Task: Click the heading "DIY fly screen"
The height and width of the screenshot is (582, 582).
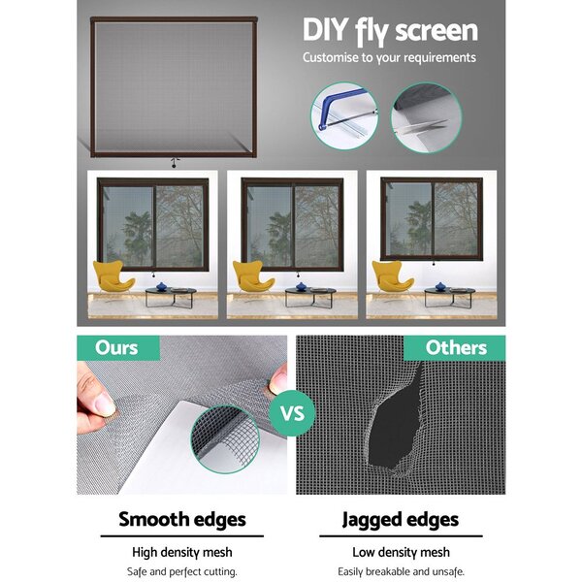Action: (x=390, y=31)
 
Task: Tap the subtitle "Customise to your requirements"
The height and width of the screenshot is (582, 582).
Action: (x=389, y=58)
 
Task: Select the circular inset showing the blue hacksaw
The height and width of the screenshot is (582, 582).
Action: (x=344, y=115)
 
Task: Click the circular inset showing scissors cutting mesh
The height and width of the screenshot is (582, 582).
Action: (x=426, y=117)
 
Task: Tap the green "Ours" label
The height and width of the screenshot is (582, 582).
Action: (x=118, y=348)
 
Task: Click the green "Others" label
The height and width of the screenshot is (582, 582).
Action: (x=455, y=348)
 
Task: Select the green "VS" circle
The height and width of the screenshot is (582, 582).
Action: (x=293, y=413)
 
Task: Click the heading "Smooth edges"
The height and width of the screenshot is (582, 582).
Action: (x=182, y=519)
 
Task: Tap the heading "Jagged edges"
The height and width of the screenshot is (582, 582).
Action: (x=401, y=520)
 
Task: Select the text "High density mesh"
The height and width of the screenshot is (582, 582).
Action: (x=182, y=552)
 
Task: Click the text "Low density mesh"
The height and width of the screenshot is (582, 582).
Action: (x=401, y=552)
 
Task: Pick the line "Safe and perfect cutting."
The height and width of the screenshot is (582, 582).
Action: (x=182, y=571)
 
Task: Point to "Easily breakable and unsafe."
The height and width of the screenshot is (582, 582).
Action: (x=401, y=571)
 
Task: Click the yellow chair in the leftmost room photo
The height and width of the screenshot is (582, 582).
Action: (x=113, y=276)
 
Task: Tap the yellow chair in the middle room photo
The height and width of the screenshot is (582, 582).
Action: (x=252, y=276)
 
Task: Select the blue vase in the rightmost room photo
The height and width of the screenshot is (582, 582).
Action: (x=440, y=286)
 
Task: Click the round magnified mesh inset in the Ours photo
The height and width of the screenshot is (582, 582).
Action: (x=225, y=439)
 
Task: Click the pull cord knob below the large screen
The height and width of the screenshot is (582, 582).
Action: (x=174, y=166)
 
